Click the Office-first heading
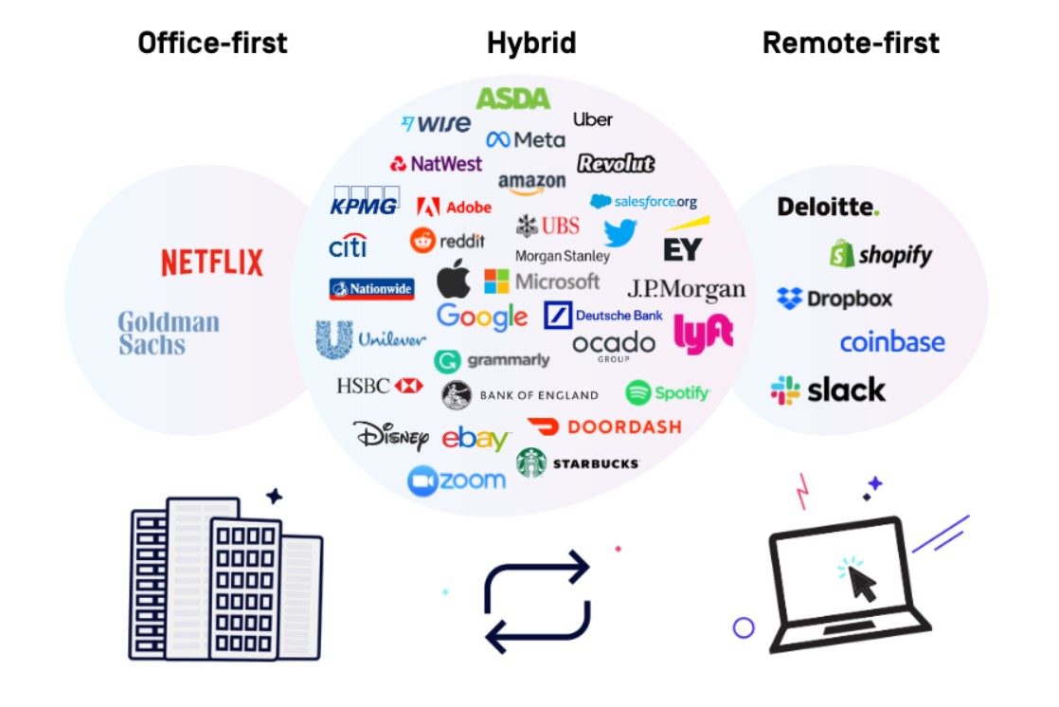click(x=212, y=43)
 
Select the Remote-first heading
click(x=851, y=43)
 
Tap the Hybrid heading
click(x=531, y=43)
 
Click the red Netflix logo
click(x=212, y=263)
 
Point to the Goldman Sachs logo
click(x=169, y=333)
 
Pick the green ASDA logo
click(x=512, y=98)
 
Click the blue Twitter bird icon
click(x=620, y=232)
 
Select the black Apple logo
click(x=454, y=279)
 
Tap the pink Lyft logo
click(x=703, y=335)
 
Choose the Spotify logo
click(x=667, y=392)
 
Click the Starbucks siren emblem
click(x=531, y=462)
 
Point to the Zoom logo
click(x=457, y=480)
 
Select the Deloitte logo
click(x=828, y=206)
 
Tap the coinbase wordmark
click(x=891, y=342)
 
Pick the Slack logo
click(x=828, y=390)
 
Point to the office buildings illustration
click(x=225, y=577)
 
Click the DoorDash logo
click(x=603, y=427)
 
